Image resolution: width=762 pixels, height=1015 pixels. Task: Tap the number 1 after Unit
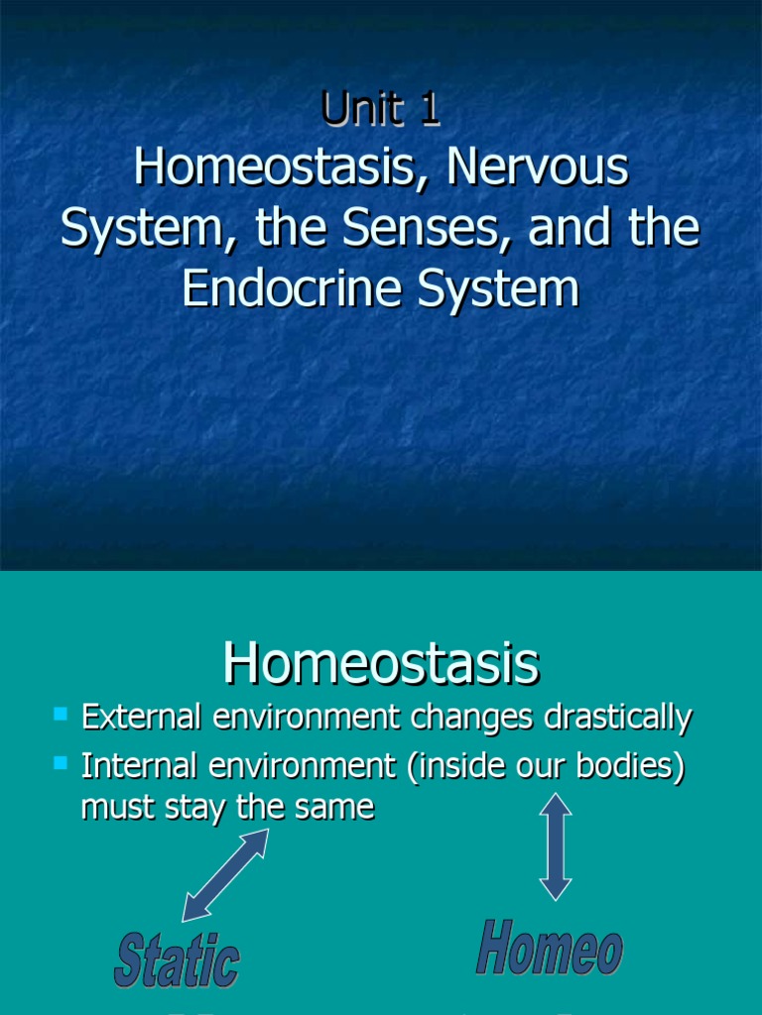[430, 111]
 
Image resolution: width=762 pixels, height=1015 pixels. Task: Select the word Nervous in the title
[537, 169]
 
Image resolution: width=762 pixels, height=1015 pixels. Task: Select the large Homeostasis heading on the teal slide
[381, 663]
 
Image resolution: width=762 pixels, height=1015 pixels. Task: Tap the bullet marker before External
[61, 714]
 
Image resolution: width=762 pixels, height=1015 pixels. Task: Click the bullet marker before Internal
[61, 762]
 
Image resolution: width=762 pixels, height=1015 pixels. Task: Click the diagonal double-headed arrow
[225, 875]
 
